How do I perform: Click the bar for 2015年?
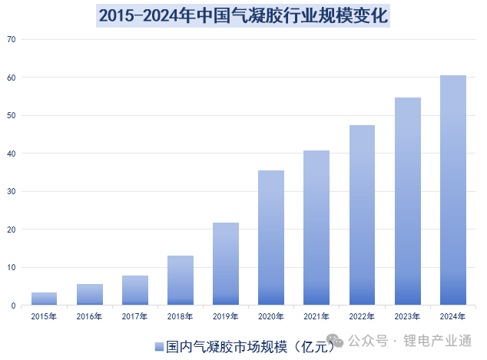click(x=44, y=299)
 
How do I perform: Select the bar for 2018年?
click(x=181, y=280)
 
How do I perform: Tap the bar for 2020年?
click(x=271, y=238)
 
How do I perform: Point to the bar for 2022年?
click(x=362, y=215)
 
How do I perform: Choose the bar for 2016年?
click(x=89, y=295)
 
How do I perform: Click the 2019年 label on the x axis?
click(x=226, y=315)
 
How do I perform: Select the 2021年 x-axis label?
click(x=316, y=315)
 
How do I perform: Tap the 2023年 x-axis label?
click(x=408, y=315)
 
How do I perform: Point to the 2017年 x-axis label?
click(x=134, y=315)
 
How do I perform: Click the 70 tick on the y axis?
click(x=12, y=39)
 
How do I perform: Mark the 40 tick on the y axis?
click(x=12, y=154)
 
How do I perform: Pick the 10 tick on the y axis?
click(x=12, y=268)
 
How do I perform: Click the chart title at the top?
click(x=243, y=15)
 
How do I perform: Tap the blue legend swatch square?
click(x=158, y=346)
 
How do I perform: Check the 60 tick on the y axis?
click(x=12, y=78)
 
